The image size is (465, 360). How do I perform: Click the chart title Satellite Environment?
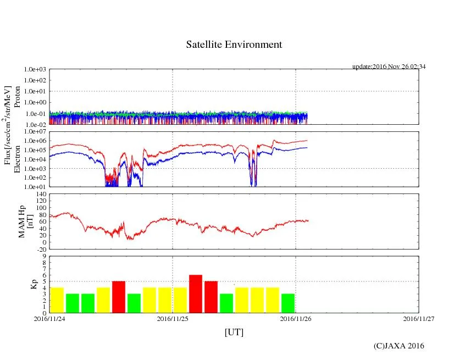coord(234,45)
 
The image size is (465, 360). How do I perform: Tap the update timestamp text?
coord(389,67)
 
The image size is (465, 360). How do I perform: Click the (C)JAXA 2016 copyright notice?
coord(398,346)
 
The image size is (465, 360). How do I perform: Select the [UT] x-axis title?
coord(234,333)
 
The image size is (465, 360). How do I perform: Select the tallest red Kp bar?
coord(196,293)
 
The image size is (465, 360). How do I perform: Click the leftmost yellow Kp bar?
coord(57,300)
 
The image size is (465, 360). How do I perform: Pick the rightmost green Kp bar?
coord(288,303)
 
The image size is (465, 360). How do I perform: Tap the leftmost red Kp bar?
coord(119,297)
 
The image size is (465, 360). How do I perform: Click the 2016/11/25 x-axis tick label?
coord(173,318)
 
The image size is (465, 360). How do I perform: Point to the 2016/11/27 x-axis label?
coord(419,318)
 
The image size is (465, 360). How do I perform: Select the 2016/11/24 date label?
coord(49,318)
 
